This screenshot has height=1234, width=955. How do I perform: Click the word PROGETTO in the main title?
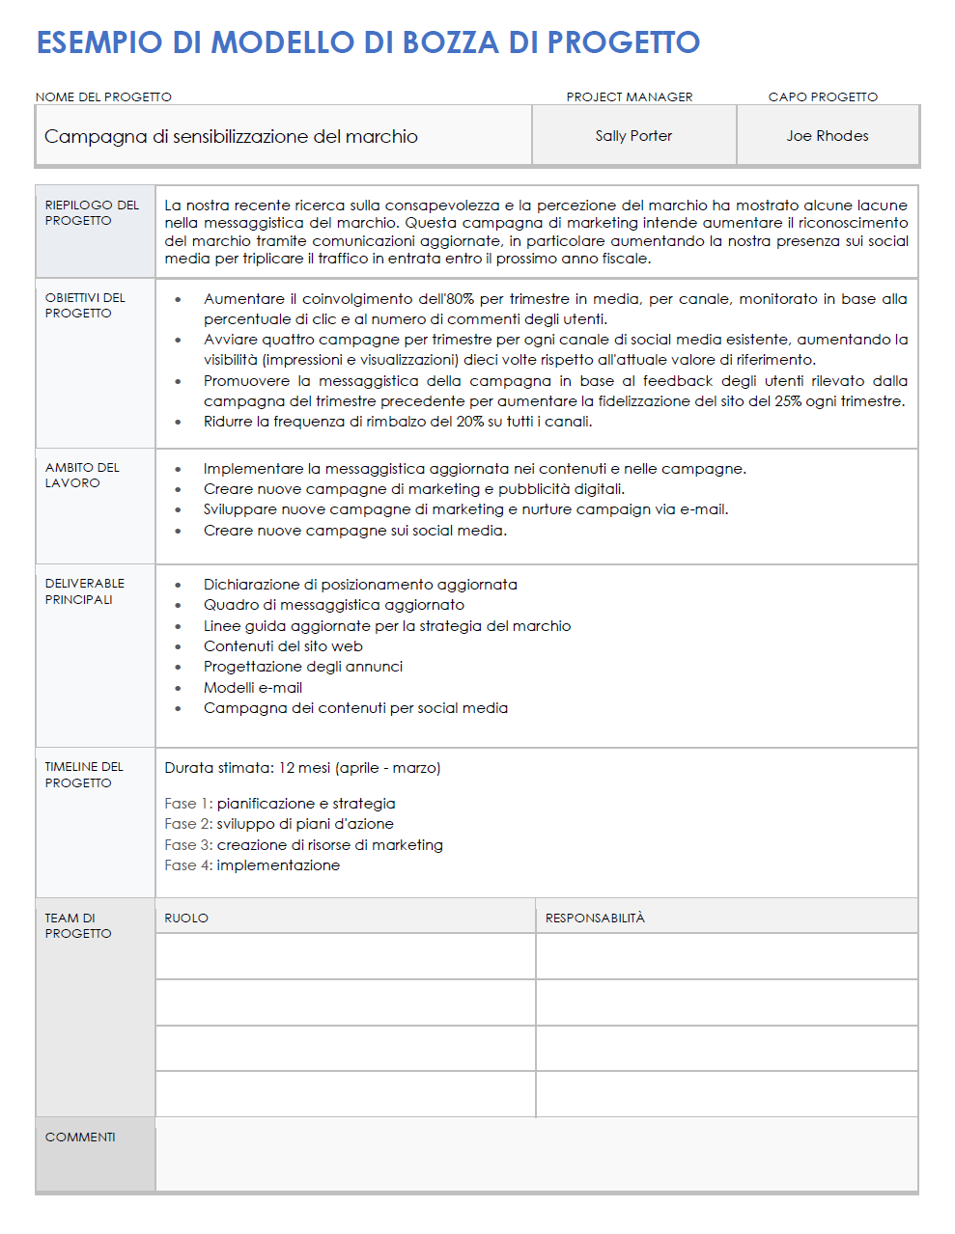623,42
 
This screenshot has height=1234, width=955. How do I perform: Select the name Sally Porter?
633,136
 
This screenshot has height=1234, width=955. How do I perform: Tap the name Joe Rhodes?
827,136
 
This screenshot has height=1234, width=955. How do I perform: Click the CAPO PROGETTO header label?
823,96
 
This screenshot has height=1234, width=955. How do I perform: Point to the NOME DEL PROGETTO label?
103,96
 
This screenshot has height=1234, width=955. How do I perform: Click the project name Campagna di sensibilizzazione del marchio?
231,136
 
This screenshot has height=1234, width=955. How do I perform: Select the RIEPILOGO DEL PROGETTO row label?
92,212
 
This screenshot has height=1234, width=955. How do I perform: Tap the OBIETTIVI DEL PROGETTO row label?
85,305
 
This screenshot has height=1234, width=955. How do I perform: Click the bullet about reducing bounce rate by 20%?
397,422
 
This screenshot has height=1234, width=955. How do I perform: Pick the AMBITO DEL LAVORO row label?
82,475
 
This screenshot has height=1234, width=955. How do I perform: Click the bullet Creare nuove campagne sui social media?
354,531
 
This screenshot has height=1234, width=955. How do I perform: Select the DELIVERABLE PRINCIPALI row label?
84,590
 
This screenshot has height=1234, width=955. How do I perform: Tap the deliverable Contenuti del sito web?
283,646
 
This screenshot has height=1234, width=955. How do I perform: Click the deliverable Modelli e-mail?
253,688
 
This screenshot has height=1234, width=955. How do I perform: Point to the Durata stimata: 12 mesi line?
302,768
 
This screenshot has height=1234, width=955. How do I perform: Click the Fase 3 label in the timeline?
187,845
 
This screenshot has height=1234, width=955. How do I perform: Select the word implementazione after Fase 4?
278,865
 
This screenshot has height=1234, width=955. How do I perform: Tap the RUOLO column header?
186,918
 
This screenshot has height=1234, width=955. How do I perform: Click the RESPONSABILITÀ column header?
595,918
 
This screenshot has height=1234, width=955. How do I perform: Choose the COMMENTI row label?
80,1137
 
